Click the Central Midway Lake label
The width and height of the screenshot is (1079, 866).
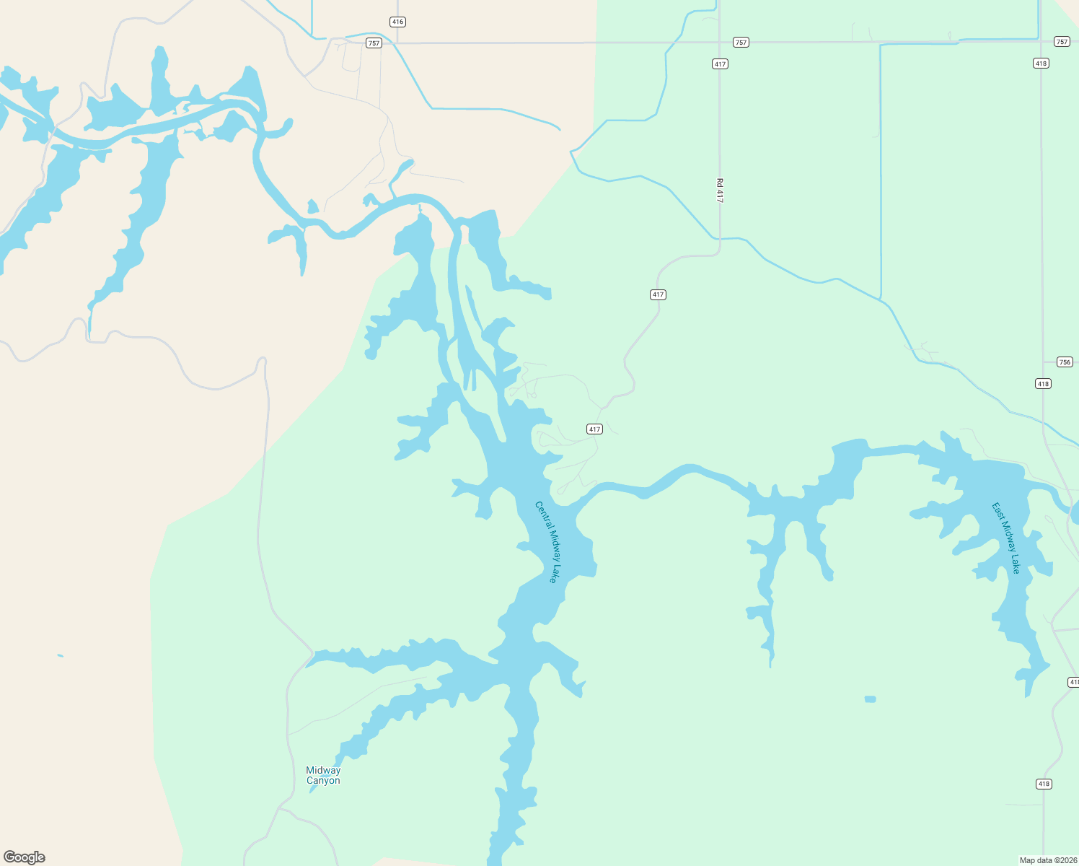point(546,542)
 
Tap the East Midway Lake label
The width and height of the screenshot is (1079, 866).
point(1006,538)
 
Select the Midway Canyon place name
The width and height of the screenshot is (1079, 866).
point(323,775)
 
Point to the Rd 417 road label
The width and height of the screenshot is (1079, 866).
point(720,191)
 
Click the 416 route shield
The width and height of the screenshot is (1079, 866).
point(397,22)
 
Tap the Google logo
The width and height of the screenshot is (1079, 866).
point(24,857)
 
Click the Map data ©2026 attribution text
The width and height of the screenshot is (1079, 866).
point(1048,860)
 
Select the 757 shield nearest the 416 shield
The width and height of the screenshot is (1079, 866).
point(373,43)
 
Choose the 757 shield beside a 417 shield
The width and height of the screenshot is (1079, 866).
point(741,43)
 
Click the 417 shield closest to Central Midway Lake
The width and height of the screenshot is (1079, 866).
point(594,429)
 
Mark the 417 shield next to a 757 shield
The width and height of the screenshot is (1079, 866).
point(720,64)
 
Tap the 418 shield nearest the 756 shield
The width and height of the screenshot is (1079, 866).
point(1043,383)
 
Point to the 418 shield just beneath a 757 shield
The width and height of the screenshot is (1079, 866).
point(1040,64)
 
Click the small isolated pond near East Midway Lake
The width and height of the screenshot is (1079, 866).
point(871,699)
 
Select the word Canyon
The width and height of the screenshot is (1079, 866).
point(323,781)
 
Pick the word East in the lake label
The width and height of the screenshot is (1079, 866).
point(997,511)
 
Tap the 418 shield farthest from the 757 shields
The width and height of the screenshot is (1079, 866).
point(1044,784)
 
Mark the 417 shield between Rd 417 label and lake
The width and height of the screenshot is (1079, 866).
point(658,294)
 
